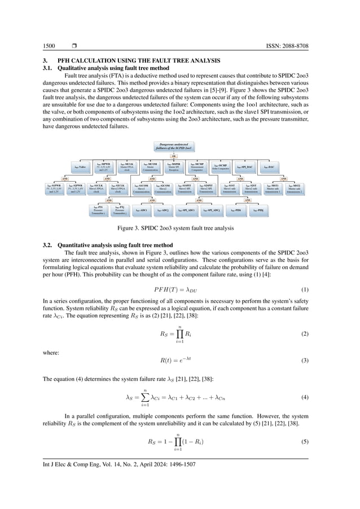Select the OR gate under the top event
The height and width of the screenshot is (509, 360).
click(x=174, y=156)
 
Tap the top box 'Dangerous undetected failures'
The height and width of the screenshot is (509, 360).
click(x=174, y=147)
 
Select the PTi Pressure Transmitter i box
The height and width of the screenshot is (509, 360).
click(x=99, y=210)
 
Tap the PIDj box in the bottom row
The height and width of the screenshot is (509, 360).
click(x=259, y=210)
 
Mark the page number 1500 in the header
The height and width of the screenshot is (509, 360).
click(x=49, y=45)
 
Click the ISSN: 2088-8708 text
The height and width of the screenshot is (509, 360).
click(x=293, y=45)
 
